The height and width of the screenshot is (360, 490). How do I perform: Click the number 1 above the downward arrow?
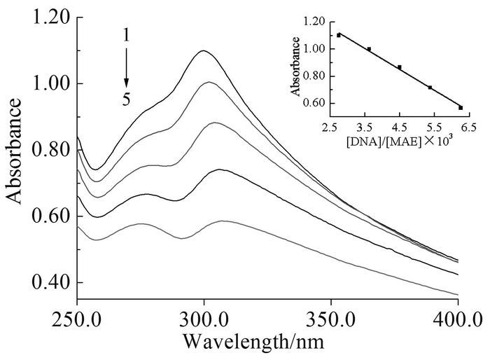pos(127,34)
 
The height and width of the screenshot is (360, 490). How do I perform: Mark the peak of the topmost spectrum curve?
pos(204,50)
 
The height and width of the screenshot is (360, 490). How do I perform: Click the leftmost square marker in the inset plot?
pos(339,34)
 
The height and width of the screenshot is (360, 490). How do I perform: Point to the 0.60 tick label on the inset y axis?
pos(316,103)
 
